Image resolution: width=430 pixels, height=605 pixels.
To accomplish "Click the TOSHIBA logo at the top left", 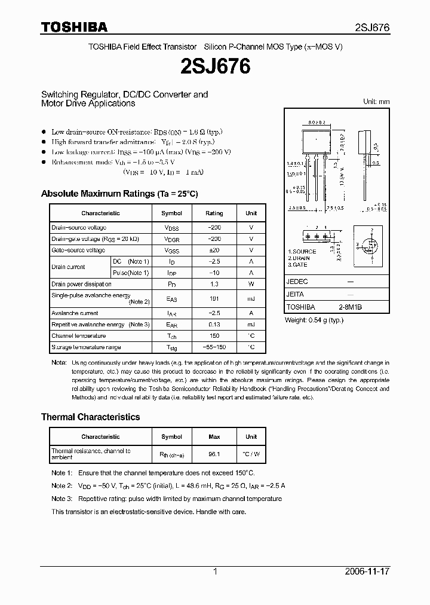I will click(x=74, y=27).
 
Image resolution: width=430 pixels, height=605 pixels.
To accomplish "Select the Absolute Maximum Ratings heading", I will click(x=119, y=194).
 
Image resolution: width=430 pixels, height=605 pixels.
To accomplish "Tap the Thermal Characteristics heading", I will click(x=90, y=417).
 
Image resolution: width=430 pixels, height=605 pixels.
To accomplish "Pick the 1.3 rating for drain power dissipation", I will click(x=214, y=285).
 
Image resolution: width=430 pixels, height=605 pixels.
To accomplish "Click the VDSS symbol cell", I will click(x=171, y=228).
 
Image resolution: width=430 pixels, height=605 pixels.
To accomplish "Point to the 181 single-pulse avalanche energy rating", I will click(x=214, y=298).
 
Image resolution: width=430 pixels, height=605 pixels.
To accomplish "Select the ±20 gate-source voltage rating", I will click(x=214, y=250).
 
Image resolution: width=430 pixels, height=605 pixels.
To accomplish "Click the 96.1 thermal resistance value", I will click(x=214, y=454).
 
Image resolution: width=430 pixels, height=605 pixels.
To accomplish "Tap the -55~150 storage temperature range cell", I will click(x=214, y=347).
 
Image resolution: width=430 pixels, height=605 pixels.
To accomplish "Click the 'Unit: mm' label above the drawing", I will click(x=376, y=102).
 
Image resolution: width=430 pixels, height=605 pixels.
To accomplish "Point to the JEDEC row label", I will click(x=297, y=281).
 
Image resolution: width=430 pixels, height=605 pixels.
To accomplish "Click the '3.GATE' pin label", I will click(x=299, y=264).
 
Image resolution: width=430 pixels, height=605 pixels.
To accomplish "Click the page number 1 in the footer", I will click(x=215, y=572).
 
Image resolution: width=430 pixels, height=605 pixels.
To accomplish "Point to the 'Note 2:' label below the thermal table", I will click(x=62, y=486).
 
